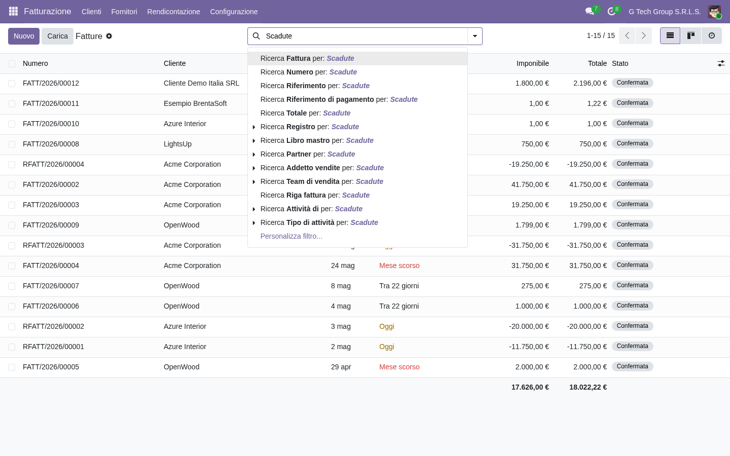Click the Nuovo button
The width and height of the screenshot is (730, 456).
point(24,36)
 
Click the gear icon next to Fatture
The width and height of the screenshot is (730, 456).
point(109,36)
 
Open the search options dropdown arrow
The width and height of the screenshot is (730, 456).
point(475,36)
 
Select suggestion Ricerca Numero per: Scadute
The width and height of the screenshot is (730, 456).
point(308,72)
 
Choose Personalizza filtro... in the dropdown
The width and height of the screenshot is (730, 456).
point(291,236)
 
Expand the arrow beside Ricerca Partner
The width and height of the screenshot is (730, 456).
point(254,155)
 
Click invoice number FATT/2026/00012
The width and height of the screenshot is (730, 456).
point(51,84)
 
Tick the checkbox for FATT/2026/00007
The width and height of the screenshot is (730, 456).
point(12,286)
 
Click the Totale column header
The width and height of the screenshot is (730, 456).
point(597,63)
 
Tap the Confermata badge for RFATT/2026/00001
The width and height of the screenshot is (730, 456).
point(632,346)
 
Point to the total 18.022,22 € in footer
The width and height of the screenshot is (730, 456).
point(588,387)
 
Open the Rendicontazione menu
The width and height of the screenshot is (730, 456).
point(173,12)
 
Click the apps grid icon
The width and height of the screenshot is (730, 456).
point(13,11)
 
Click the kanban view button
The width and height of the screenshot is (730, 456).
point(690,36)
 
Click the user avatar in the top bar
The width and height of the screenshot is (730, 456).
point(714,12)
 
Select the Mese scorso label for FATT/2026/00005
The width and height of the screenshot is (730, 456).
point(399,367)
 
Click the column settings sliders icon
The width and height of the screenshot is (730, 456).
point(721,63)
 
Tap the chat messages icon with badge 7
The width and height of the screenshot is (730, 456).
point(590,12)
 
